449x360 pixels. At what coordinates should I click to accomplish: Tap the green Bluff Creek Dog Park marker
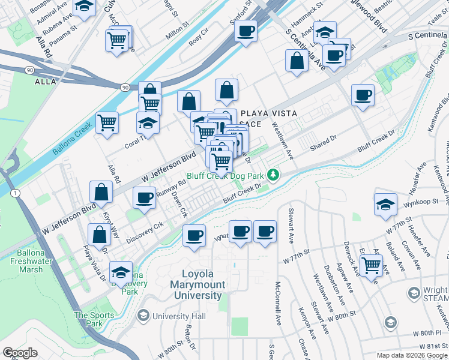(x=274, y=175)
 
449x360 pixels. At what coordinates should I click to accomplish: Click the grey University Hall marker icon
(x=143, y=316)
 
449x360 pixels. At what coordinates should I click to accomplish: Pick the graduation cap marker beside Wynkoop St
(x=385, y=203)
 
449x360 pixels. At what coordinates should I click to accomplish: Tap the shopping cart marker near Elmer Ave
(x=372, y=263)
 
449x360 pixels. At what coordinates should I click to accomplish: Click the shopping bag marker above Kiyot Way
(x=101, y=192)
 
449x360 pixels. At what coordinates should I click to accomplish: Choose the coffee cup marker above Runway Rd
(x=144, y=197)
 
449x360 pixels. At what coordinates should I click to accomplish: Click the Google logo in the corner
(x=20, y=353)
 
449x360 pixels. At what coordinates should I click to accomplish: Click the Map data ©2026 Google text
(x=411, y=355)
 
